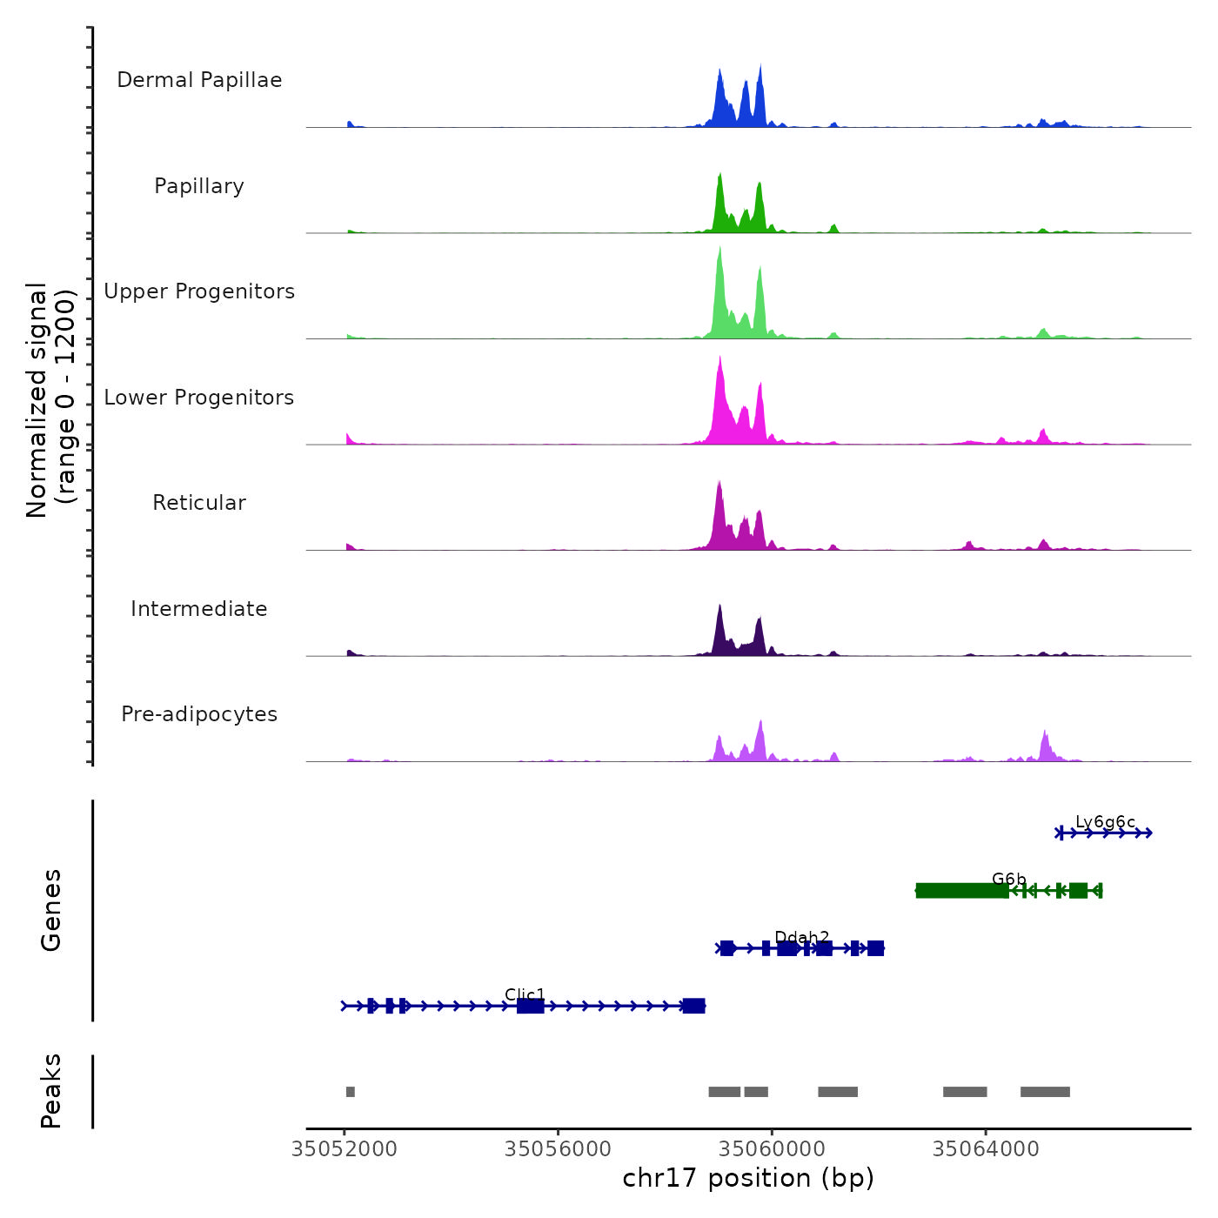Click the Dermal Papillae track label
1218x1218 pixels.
[199, 80]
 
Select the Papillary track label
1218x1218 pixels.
[199, 186]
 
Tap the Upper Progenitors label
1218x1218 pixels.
[199, 291]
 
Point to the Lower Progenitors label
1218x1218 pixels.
[199, 398]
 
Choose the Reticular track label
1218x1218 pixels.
[199, 503]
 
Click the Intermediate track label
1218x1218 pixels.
[199, 609]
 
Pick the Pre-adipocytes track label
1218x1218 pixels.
[199, 714]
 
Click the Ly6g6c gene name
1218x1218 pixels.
[1105, 821]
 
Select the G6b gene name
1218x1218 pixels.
[1009, 879]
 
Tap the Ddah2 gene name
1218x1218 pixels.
[801, 937]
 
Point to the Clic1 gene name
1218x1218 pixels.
[525, 994]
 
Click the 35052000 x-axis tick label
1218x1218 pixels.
[345, 1149]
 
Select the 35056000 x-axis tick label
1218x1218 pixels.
[559, 1149]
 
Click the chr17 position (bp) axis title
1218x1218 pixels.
[748, 1178]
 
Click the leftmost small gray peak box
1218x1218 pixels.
[350, 1092]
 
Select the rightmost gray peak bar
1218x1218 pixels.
[1045, 1092]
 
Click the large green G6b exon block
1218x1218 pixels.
[961, 890]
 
